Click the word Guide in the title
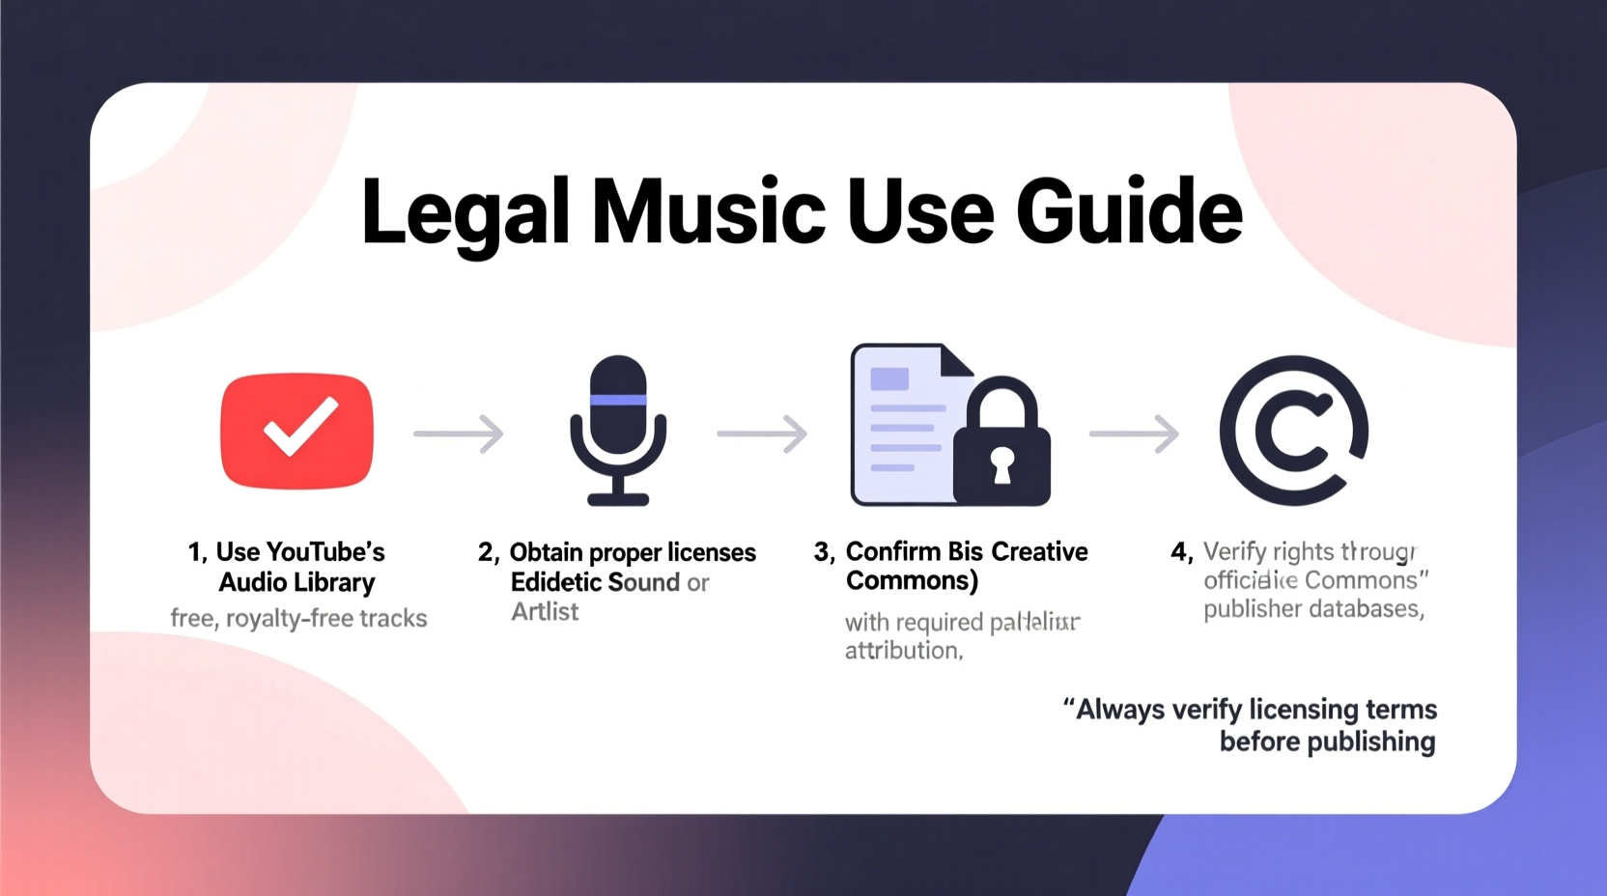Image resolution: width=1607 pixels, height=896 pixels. coord(1129,210)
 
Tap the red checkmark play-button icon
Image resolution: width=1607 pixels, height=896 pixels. coord(296,431)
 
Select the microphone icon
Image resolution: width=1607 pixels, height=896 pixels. coord(618,430)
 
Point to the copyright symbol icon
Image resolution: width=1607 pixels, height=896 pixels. coord(1293,431)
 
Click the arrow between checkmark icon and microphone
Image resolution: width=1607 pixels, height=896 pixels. coord(459,434)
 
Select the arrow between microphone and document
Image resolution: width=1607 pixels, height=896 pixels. coord(762,434)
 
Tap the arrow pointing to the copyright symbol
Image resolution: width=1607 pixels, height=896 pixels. coord(1135,434)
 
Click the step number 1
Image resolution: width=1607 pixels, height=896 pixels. coord(195,552)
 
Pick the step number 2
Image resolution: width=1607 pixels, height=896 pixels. coord(487,552)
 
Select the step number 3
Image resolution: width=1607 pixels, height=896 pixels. coord(822,552)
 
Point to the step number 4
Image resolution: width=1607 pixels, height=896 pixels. coord(1179,552)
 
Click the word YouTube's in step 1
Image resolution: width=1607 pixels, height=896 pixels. coord(324,552)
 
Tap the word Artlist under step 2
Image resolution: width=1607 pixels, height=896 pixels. coord(545,612)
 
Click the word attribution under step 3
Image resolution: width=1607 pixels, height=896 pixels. coord(902,651)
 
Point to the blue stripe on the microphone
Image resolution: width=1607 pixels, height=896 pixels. coord(618,400)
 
